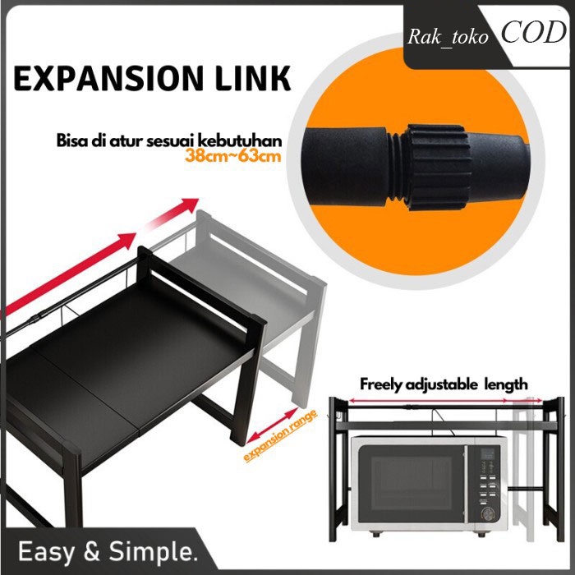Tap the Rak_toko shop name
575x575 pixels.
(448, 35)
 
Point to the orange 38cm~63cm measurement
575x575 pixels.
(232, 154)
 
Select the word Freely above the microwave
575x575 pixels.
(384, 384)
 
